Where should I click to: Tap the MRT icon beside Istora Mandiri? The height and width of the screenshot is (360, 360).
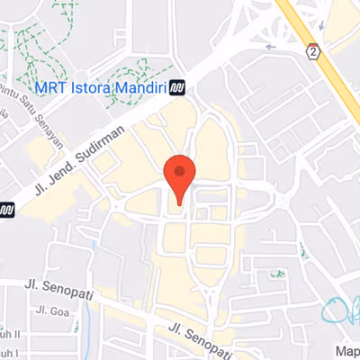pos(177,87)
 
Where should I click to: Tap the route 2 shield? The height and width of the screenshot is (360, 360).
pos(312,50)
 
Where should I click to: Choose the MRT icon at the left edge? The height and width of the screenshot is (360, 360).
pos(6,210)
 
